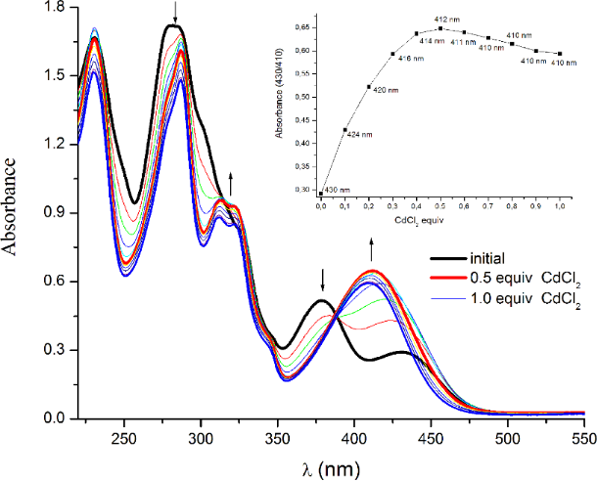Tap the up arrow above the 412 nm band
click(x=371, y=244)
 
